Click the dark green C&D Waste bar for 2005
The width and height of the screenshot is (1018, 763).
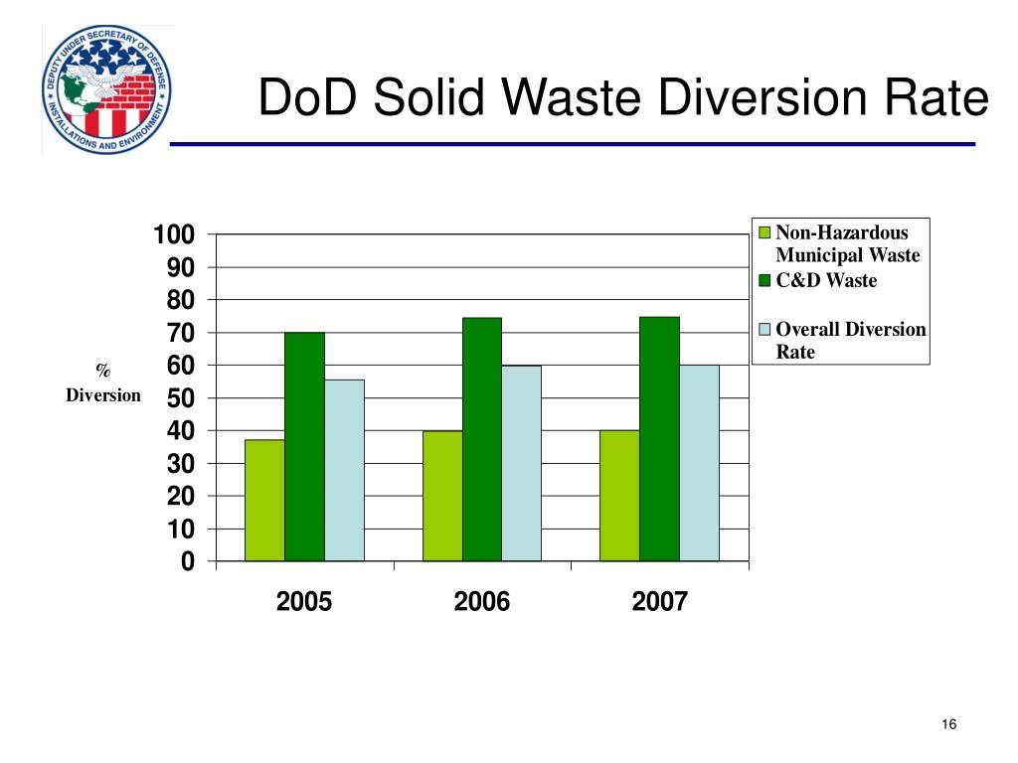click(304, 447)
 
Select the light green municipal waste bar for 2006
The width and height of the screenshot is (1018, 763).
click(442, 496)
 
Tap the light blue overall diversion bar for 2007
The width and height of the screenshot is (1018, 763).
click(699, 463)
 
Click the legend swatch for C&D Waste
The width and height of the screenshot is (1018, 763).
click(764, 281)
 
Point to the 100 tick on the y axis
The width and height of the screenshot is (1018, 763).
click(173, 235)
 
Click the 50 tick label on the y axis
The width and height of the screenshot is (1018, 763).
click(180, 399)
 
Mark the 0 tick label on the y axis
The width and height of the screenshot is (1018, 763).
click(187, 562)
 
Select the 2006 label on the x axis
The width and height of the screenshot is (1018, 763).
click(481, 602)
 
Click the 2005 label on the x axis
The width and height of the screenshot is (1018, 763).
click(304, 602)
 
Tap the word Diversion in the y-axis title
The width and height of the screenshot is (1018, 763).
click(103, 395)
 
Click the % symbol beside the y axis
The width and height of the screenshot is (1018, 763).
click(102, 371)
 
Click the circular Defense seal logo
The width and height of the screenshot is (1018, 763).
click(106, 90)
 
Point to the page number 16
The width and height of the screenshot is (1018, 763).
click(947, 725)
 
